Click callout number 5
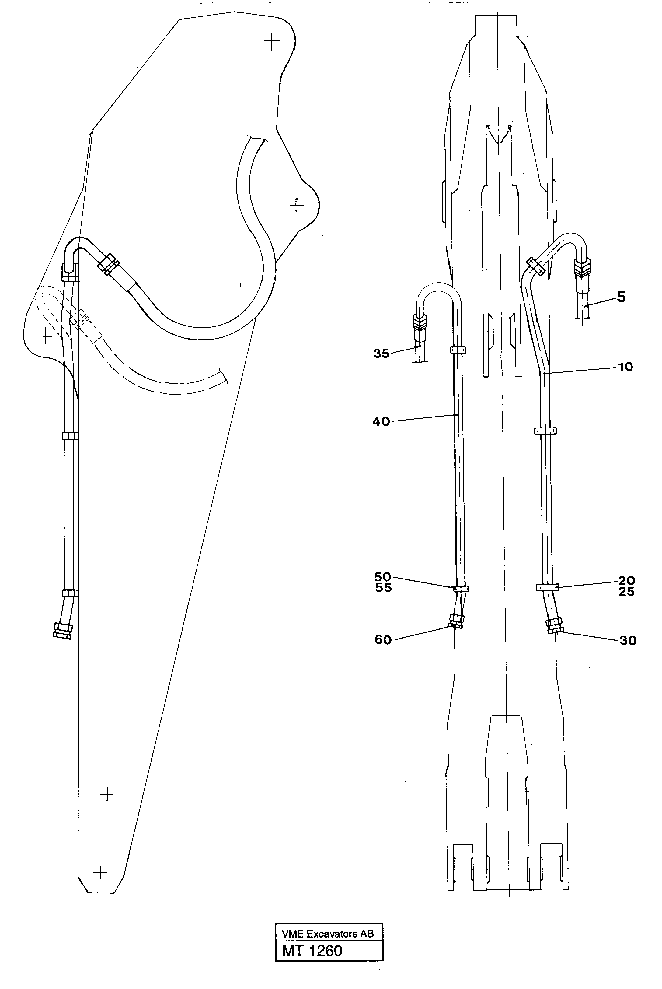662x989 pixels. pyautogui.click(x=621, y=297)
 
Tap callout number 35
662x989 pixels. pyautogui.click(x=381, y=353)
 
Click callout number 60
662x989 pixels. pyautogui.click(x=383, y=640)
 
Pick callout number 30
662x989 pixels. pyautogui.click(x=627, y=640)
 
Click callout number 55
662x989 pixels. pyautogui.click(x=383, y=588)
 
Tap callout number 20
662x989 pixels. pyautogui.click(x=626, y=580)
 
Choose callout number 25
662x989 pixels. pyautogui.click(x=626, y=591)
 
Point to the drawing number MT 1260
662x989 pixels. pyautogui.click(x=312, y=951)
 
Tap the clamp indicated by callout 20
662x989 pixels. pyautogui.click(x=548, y=587)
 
